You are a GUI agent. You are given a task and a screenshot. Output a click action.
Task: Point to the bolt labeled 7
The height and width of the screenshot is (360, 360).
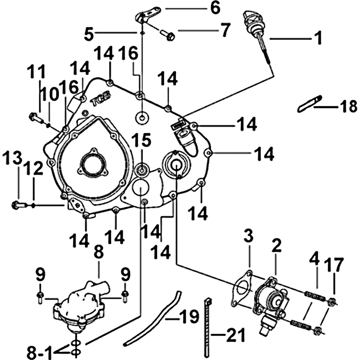(x=170, y=36)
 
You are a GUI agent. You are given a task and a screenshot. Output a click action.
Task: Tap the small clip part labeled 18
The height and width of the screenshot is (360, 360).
(x=310, y=103)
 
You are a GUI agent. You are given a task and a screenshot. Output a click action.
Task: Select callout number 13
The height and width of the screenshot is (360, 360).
(x=12, y=159)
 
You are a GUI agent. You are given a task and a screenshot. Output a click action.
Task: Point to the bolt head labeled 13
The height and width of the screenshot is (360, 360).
(x=16, y=205)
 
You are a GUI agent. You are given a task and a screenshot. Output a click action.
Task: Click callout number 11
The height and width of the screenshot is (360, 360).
(x=36, y=72)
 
